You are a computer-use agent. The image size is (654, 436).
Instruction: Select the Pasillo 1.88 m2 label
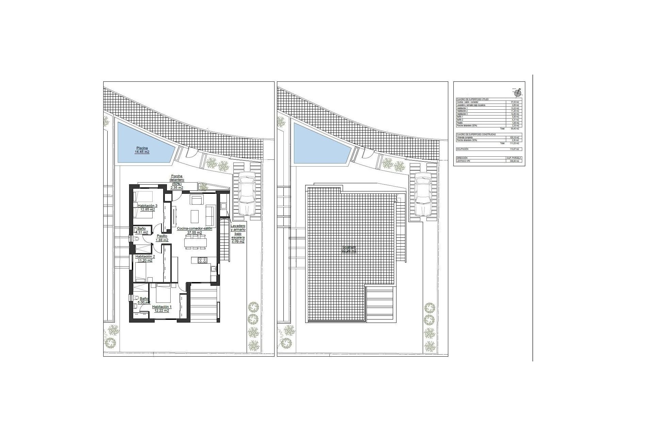[162, 238]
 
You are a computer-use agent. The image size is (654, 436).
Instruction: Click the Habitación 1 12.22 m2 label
[162, 308]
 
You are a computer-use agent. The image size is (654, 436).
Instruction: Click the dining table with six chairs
[196, 242]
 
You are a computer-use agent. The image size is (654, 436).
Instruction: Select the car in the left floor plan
[248, 193]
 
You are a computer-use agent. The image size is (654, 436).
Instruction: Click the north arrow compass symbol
[518, 92]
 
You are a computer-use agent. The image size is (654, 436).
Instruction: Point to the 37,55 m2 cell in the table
[514, 102]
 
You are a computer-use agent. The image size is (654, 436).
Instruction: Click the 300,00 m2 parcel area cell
[514, 161]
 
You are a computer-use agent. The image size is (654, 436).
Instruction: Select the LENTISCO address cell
[463, 161]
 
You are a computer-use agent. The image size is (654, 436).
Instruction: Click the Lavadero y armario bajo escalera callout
[238, 233]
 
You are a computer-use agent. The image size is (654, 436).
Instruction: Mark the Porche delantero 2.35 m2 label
[177, 182]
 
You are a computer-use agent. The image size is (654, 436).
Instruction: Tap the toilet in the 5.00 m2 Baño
[136, 298]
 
